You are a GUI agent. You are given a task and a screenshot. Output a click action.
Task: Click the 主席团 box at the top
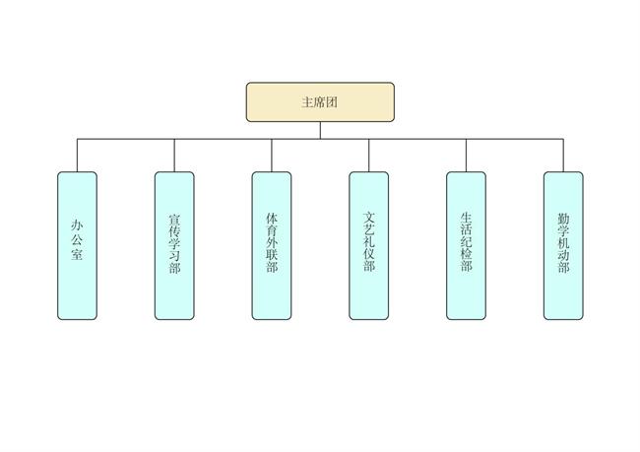tap(320, 101)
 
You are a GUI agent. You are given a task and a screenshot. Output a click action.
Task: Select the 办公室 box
tap(77, 245)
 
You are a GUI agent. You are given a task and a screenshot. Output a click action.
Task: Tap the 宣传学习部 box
tap(174, 245)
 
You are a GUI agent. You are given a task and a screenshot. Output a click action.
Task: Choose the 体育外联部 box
tap(272, 245)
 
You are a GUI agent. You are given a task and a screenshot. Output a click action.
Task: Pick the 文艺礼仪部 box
tap(369, 245)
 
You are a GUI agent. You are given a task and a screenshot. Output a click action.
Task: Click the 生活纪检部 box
tap(466, 245)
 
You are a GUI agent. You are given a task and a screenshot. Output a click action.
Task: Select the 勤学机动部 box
tap(563, 245)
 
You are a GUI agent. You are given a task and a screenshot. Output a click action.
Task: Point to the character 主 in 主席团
tap(307, 101)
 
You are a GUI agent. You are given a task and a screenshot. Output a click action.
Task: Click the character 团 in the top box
tap(333, 101)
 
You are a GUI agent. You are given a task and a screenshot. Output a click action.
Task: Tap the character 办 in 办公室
tap(77, 225)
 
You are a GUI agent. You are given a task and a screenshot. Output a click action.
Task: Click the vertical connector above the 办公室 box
tap(77, 156)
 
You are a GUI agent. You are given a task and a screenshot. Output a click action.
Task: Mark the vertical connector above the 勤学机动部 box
tap(563, 156)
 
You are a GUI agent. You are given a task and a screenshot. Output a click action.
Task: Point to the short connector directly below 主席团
tap(320, 130)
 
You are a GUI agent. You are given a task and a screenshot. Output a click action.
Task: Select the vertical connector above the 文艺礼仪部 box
tap(369, 156)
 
